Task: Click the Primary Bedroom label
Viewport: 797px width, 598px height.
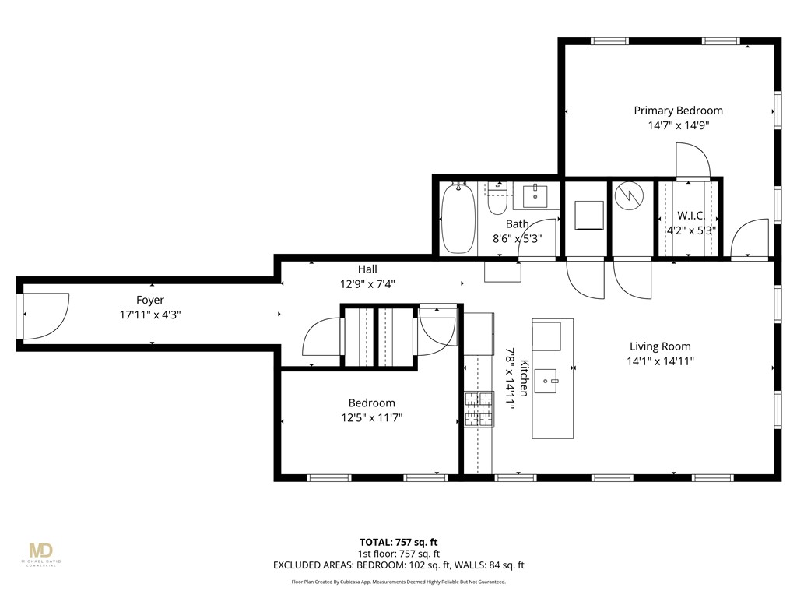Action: point(678,111)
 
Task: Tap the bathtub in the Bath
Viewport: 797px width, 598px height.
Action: point(458,218)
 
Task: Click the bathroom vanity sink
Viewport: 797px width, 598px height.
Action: point(535,196)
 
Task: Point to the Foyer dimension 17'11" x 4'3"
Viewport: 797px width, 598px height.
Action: point(150,315)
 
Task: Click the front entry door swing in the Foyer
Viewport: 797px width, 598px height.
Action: point(46,316)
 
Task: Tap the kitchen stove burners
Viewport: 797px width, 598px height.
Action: point(479,409)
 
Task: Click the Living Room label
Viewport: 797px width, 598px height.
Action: point(660,346)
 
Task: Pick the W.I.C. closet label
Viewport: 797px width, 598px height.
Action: point(691,216)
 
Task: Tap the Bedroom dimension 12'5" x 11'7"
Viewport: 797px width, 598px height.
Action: point(371,418)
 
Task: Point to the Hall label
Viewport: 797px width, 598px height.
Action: point(367,269)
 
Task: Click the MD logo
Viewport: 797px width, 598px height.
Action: point(41,551)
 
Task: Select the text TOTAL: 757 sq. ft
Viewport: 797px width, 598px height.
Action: point(398,542)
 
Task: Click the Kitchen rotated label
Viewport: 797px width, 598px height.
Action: point(524,378)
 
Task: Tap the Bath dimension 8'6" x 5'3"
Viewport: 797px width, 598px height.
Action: point(517,238)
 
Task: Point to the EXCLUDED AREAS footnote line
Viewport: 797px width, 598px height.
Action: point(398,565)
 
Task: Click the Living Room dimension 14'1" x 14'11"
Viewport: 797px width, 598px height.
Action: point(660,361)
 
